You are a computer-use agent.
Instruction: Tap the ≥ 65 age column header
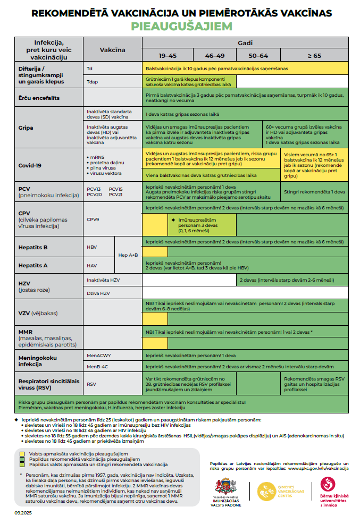click(x=314, y=55)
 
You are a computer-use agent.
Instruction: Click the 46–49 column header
click(x=214, y=55)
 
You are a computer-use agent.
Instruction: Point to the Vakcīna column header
click(x=113, y=50)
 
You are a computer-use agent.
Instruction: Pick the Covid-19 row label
click(x=30, y=165)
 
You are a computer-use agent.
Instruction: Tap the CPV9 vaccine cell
click(x=94, y=219)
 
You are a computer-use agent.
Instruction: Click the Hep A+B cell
click(x=128, y=255)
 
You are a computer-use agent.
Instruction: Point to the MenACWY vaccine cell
click(x=98, y=354)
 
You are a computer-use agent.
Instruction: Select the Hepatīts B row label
click(x=34, y=247)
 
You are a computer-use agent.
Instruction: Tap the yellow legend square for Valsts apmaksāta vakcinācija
click(x=22, y=454)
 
